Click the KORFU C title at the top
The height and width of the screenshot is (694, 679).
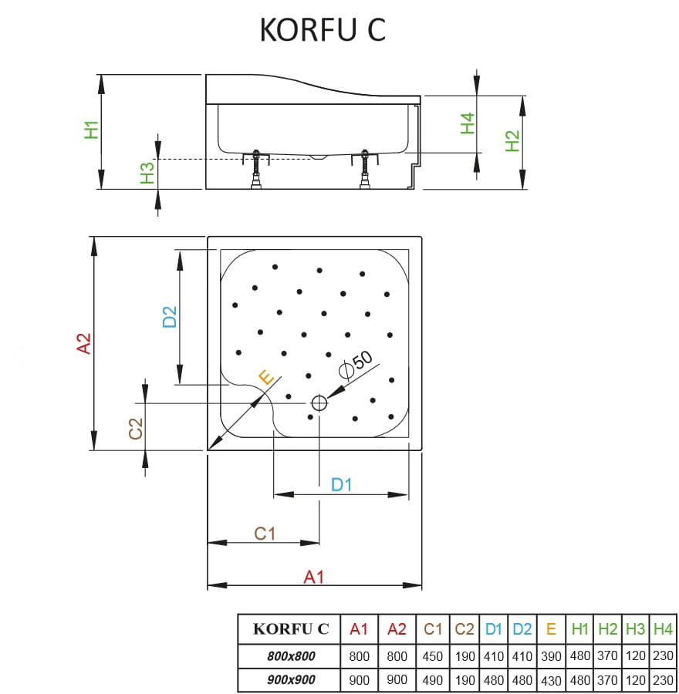[323, 29]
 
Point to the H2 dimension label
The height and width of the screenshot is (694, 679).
[512, 140]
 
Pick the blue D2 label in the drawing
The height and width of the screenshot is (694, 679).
[170, 316]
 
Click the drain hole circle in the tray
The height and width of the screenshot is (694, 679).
[319, 403]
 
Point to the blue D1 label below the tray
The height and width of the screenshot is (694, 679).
[341, 484]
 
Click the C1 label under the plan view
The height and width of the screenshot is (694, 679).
[265, 533]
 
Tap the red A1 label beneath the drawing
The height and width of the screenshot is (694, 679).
[313, 576]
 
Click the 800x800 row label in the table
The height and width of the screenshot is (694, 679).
[286, 656]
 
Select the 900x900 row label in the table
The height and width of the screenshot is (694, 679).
[286, 680]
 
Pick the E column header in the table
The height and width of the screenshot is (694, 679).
[551, 629]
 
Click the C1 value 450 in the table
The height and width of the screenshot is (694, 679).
[434, 656]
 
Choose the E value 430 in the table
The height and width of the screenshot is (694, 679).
[551, 680]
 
